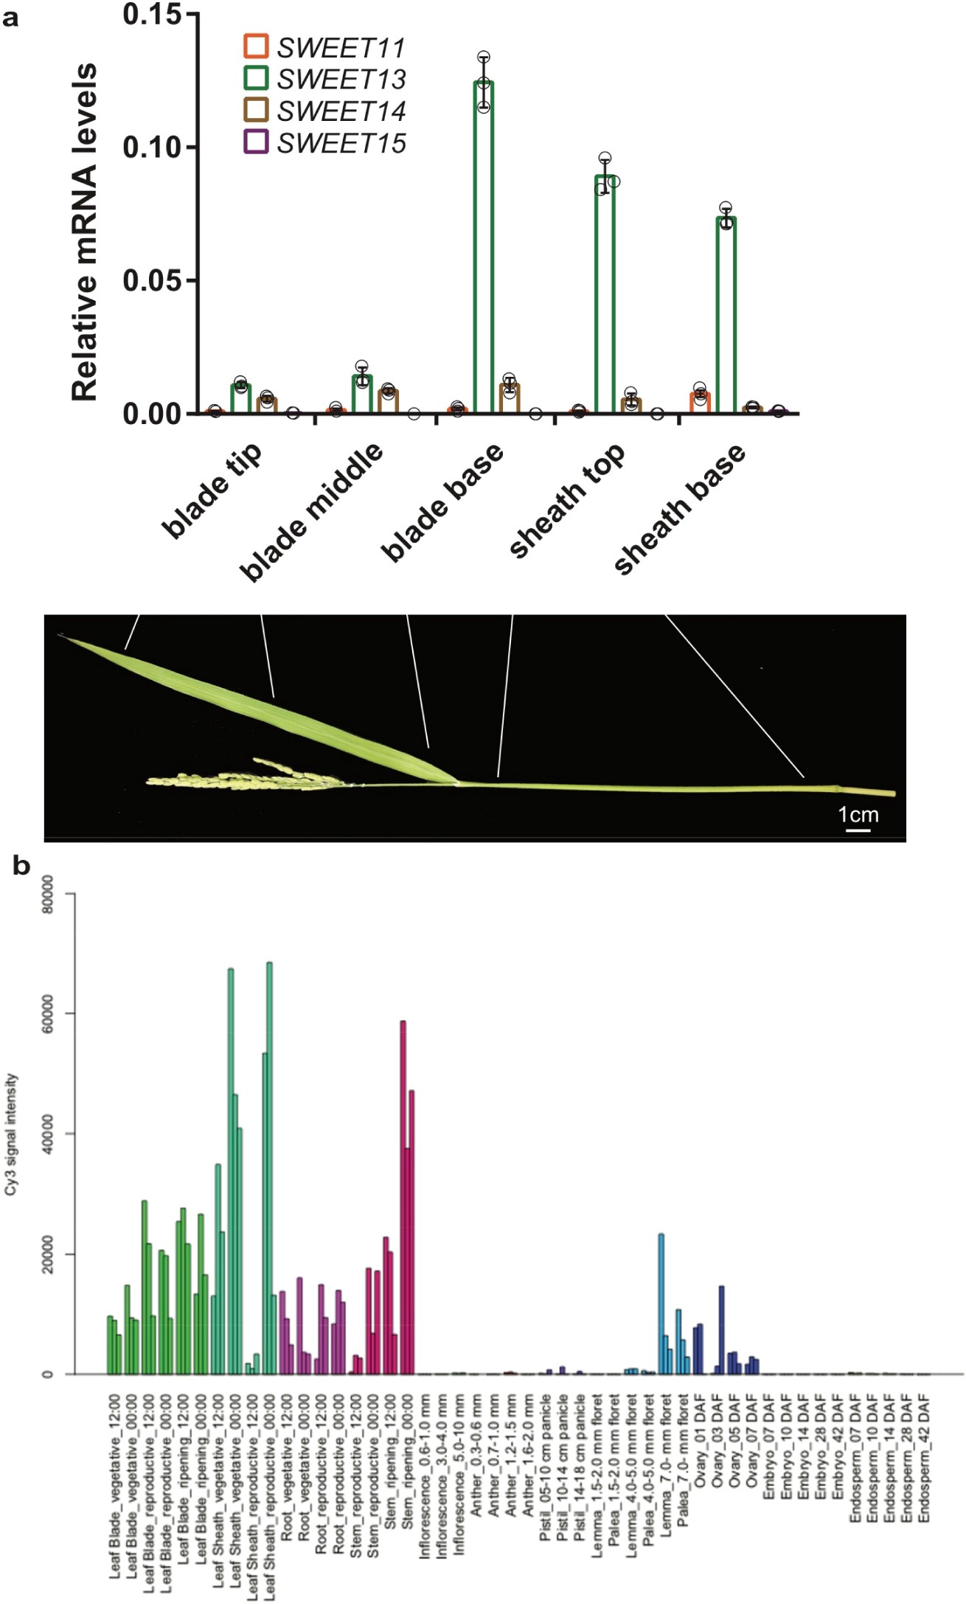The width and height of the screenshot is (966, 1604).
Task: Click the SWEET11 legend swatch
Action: point(255,46)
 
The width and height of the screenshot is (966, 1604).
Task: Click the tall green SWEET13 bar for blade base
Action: point(484,247)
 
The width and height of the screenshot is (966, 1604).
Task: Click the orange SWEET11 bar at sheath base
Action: point(700,403)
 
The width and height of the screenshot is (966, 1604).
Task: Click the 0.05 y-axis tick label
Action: point(151,281)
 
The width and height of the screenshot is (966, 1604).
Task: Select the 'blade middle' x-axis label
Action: point(311,512)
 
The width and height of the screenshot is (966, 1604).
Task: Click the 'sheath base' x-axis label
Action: point(679,508)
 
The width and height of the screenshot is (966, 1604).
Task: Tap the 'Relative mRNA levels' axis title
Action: point(85,232)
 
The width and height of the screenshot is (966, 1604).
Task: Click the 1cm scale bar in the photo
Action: point(858,830)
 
